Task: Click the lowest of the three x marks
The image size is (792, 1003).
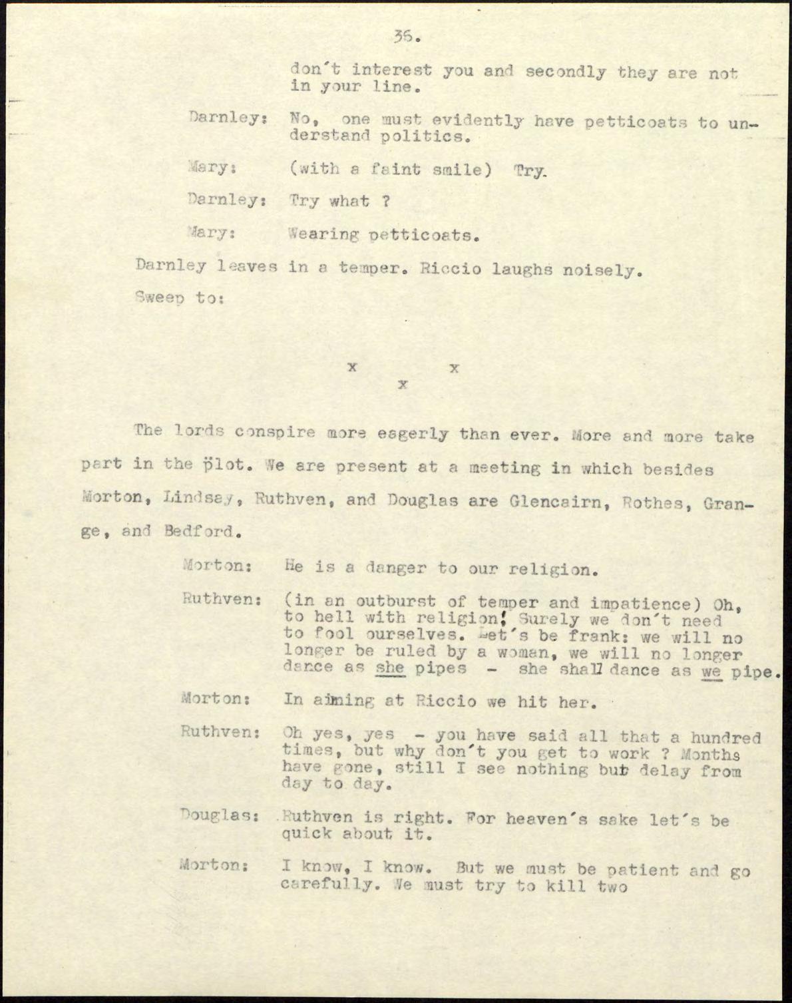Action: tap(402, 384)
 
